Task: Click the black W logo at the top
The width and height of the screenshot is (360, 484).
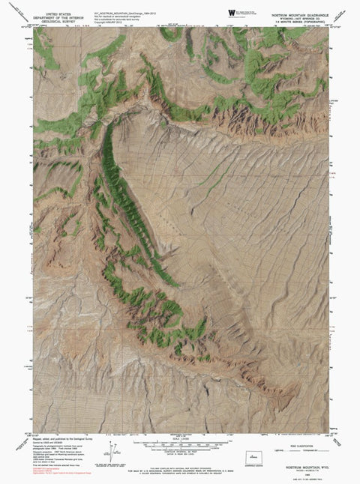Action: point(229,13)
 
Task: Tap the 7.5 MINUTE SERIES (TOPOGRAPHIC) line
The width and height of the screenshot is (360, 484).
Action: point(295,21)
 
